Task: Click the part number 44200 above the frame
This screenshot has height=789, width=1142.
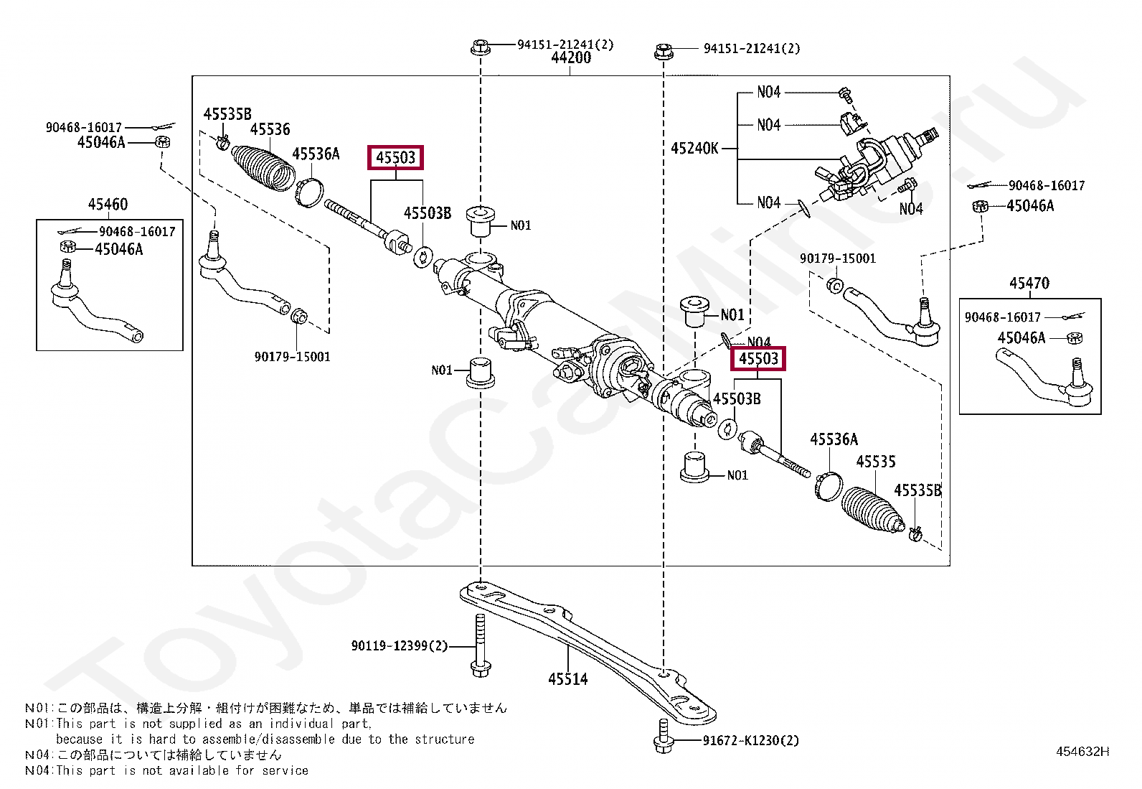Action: [x=571, y=57]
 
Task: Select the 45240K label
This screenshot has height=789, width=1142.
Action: [x=694, y=149]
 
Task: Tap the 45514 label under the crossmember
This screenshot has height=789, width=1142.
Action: [x=567, y=678]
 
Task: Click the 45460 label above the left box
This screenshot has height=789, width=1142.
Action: [x=108, y=204]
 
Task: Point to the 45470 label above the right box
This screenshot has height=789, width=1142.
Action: [x=1029, y=283]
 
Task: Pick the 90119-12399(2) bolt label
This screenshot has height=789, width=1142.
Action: [x=399, y=646]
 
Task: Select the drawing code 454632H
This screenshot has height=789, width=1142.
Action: [x=1082, y=752]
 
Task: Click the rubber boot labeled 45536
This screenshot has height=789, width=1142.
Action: [x=264, y=169]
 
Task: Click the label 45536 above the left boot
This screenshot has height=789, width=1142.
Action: [x=270, y=129]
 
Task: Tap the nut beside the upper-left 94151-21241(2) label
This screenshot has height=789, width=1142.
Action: [x=479, y=47]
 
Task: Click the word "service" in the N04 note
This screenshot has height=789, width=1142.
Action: [x=285, y=770]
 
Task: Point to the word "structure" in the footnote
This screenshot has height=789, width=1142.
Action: [x=445, y=739]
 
